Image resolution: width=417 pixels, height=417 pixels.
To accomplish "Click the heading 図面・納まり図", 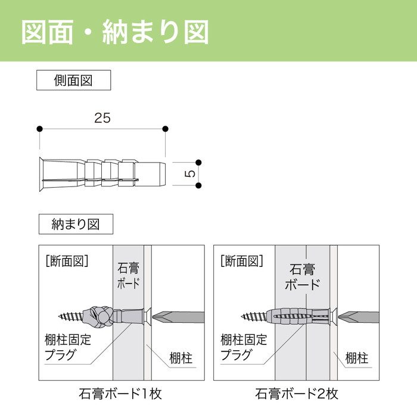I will click(115, 32).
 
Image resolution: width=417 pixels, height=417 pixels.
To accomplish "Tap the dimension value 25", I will click(102, 118).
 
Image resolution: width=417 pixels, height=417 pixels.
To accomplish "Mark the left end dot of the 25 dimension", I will click(39, 129).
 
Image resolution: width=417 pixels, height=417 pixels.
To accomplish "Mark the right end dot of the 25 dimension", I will click(165, 129).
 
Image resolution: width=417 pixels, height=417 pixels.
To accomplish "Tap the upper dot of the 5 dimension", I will click(198, 162).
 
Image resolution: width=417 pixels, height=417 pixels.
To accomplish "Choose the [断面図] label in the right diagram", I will click(241, 260).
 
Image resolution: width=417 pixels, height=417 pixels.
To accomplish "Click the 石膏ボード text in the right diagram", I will click(302, 276).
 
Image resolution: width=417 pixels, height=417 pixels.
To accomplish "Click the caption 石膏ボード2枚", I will click(297, 394).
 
